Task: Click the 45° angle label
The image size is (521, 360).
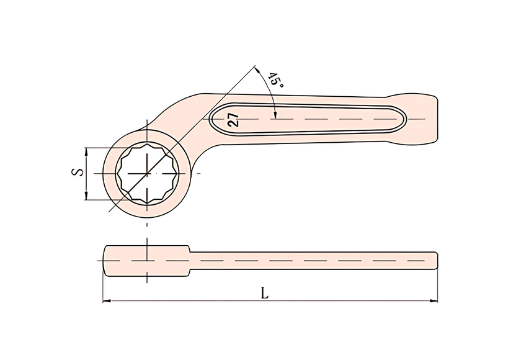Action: pos(276,81)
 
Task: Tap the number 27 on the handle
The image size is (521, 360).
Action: pos(234,120)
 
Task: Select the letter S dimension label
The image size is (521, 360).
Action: pos(78,172)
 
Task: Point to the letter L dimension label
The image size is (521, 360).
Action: pos(264,293)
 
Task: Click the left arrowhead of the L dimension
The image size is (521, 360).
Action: pos(106,301)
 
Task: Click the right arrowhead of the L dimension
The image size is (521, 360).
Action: pos(434,301)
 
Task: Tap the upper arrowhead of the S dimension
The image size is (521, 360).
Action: pos(86,151)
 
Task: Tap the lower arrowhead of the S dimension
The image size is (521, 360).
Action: pos(86,196)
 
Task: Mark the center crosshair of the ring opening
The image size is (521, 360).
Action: pos(147,173)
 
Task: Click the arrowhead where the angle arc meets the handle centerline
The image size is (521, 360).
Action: pos(275,115)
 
